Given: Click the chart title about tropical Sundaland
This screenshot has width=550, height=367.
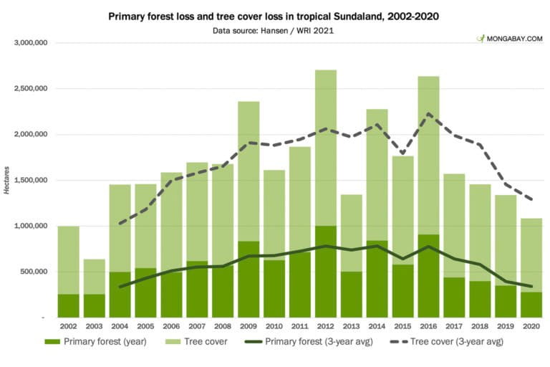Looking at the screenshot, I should click(275, 15).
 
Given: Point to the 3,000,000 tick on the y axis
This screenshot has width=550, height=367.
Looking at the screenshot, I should click(30, 43).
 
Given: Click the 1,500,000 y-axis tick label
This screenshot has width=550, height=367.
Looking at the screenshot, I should click(30, 181).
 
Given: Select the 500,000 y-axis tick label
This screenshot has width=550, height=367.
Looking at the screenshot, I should click(34, 272).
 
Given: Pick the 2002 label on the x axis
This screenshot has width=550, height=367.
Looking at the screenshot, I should click(69, 327).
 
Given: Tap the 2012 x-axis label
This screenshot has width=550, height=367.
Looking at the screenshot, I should click(326, 327).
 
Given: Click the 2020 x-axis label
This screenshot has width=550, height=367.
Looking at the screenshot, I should click(531, 327).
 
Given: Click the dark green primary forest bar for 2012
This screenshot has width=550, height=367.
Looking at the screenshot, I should click(326, 272).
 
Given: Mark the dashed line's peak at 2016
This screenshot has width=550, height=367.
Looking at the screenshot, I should click(428, 114).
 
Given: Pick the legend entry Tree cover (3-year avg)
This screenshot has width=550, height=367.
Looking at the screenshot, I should click(448, 342).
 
